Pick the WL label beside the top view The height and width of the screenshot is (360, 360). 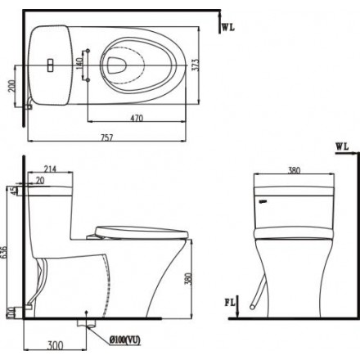tap(228, 27)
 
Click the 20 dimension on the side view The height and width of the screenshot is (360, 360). tap(41, 182)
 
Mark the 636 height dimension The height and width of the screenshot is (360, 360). tap(7, 254)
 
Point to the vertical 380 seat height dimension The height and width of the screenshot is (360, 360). tap(189, 281)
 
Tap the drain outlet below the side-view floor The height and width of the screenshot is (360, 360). tap(83, 325)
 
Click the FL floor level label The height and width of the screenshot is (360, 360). tap(232, 303)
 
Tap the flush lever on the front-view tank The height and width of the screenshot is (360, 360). tap(263, 199)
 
